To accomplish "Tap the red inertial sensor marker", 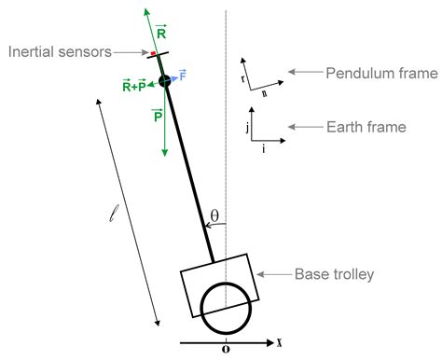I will tap(154, 54).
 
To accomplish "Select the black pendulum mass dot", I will tap(164, 82).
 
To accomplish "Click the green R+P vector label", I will tap(133, 86).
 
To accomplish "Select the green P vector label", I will tap(158, 116).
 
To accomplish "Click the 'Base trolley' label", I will tap(334, 274).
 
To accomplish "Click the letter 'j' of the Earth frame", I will tap(246, 127).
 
